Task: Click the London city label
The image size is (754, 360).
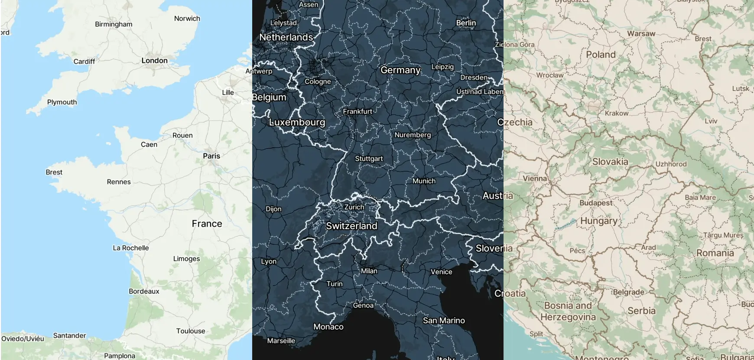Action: click(154, 61)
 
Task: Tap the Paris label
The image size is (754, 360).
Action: click(211, 156)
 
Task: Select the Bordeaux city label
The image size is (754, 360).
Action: click(144, 291)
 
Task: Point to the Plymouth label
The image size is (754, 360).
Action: click(62, 102)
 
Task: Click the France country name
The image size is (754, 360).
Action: click(207, 224)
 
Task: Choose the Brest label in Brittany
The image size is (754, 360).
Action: click(54, 172)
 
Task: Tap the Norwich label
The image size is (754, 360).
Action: click(187, 19)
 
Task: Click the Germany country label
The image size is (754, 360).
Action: click(400, 70)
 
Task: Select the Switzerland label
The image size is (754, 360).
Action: click(351, 226)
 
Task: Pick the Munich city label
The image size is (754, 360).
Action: click(424, 181)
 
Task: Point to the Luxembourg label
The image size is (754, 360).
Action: click(297, 122)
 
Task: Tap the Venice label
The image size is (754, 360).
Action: click(441, 272)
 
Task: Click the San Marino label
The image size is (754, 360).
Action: click(444, 321)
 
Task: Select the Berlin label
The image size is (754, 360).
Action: click(466, 23)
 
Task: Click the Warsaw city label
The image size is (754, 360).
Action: click(641, 34)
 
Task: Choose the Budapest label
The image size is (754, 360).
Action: click(596, 203)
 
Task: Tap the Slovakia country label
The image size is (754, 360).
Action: click(610, 162)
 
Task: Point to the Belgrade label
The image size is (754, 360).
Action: click(628, 292)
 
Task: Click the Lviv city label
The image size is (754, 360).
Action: click(711, 121)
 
